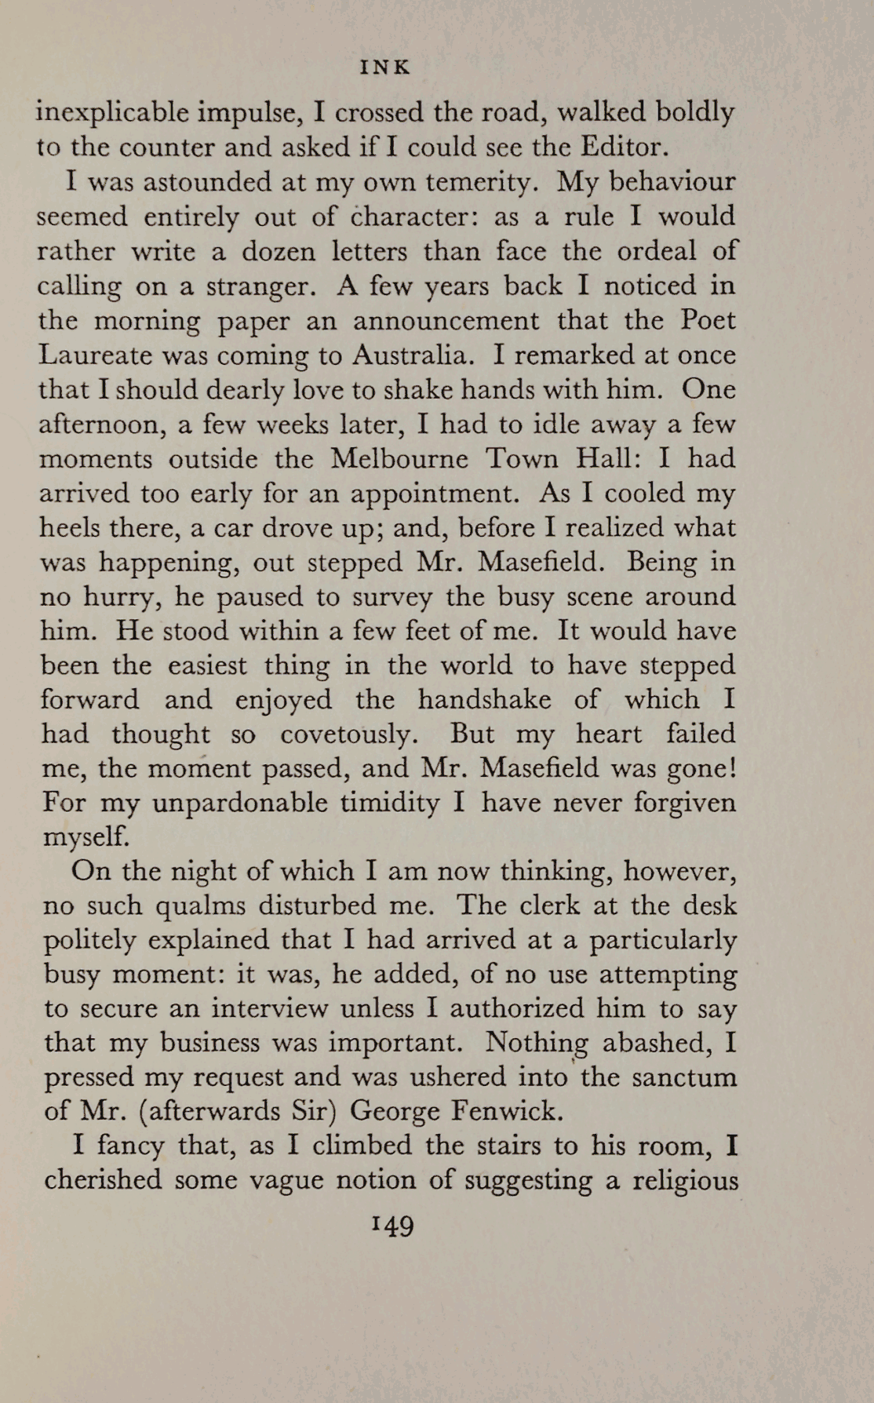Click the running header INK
[x=384, y=68]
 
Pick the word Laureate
[x=96, y=355]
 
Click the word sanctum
[x=684, y=1077]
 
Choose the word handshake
[x=484, y=699]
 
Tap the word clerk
[x=545, y=906]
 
